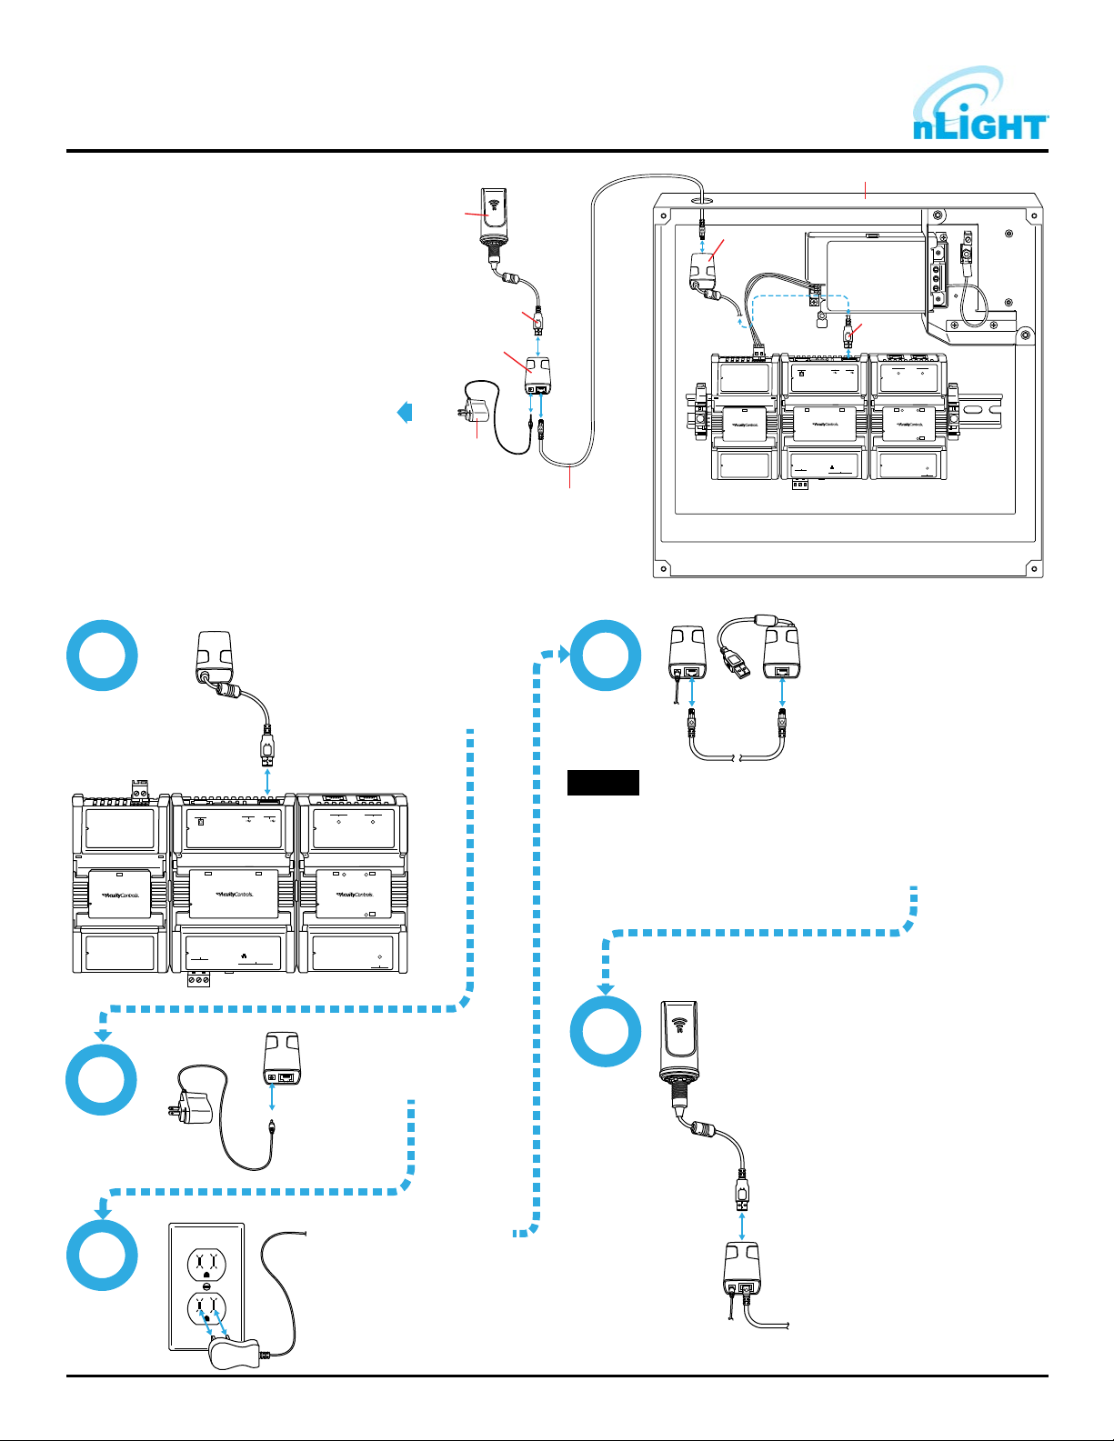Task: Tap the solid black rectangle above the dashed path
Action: pyautogui.click(x=603, y=783)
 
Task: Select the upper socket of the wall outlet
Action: pyautogui.click(x=206, y=1265)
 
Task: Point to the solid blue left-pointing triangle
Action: pyautogui.click(x=405, y=412)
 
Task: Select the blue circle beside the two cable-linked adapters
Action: pyautogui.click(x=606, y=655)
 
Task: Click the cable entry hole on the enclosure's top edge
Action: pyautogui.click(x=698, y=194)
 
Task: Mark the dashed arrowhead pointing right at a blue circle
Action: pyautogui.click(x=562, y=653)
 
